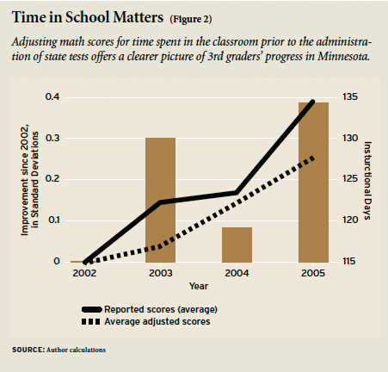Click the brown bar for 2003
click(x=160, y=199)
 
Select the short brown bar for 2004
click(x=237, y=245)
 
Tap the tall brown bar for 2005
click(x=313, y=182)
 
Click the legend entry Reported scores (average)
click(x=160, y=308)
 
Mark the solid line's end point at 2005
click(x=313, y=102)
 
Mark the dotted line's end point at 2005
click(x=313, y=158)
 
